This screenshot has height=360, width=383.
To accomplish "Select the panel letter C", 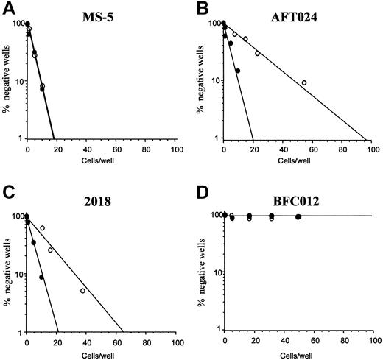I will coord(7,191).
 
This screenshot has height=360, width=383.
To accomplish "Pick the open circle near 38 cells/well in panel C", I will coord(82,291).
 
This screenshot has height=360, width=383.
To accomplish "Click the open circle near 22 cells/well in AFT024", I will coord(257,54).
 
